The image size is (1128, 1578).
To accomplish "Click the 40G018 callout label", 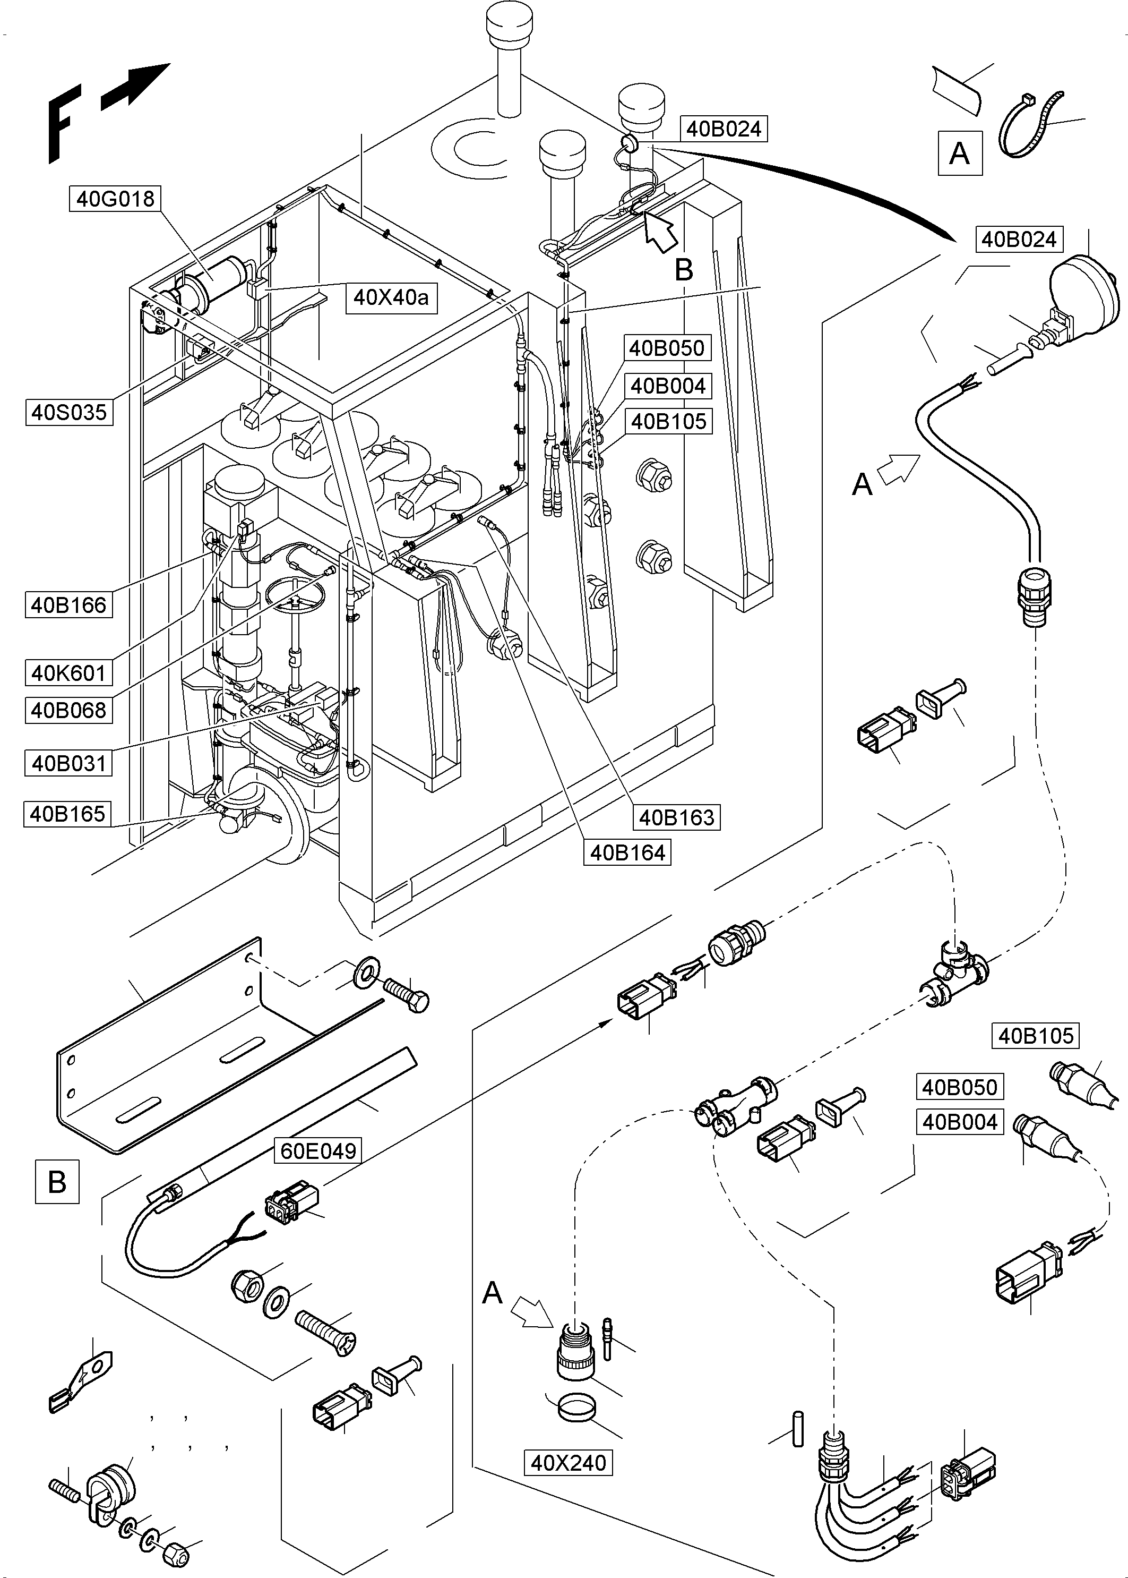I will click(115, 199).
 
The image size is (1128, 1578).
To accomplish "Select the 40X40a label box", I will click(391, 297).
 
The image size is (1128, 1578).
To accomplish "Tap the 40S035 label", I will click(70, 412).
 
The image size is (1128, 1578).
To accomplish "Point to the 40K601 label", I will click(69, 672).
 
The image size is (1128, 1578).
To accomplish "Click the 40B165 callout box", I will click(68, 814).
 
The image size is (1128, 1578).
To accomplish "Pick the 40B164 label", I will click(627, 852).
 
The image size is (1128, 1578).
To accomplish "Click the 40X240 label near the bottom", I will click(568, 1463).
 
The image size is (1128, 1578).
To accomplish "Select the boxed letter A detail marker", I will click(959, 153).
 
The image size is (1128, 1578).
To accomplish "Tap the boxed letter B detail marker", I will click(57, 1181).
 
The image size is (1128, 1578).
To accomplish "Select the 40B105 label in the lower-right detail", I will click(1036, 1036).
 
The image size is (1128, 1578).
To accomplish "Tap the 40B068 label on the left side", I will click(69, 710).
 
